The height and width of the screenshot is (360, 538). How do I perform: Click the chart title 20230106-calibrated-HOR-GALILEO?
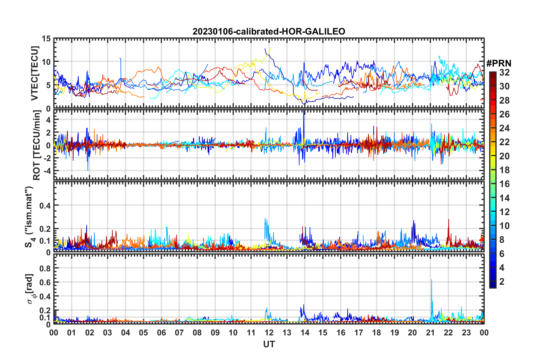(x=269, y=31)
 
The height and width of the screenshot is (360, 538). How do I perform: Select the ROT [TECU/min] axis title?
(x=36, y=145)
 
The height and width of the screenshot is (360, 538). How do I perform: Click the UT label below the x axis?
(x=269, y=344)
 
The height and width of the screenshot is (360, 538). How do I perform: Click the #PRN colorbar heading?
(x=499, y=63)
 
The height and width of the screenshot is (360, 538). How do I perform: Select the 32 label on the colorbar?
(x=504, y=72)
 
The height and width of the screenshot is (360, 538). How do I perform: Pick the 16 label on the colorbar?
(x=504, y=184)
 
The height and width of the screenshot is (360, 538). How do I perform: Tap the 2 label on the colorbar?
(x=502, y=282)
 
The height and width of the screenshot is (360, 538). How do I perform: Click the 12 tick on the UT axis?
(x=269, y=333)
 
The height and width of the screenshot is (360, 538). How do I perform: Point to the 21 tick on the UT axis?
(x=430, y=333)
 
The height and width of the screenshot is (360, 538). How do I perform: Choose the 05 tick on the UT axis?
(x=143, y=333)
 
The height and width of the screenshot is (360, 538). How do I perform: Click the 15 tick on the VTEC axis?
(x=46, y=38)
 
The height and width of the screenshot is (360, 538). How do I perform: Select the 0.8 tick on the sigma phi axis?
(x=46, y=268)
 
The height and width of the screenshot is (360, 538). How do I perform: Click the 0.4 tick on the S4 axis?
(x=46, y=205)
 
